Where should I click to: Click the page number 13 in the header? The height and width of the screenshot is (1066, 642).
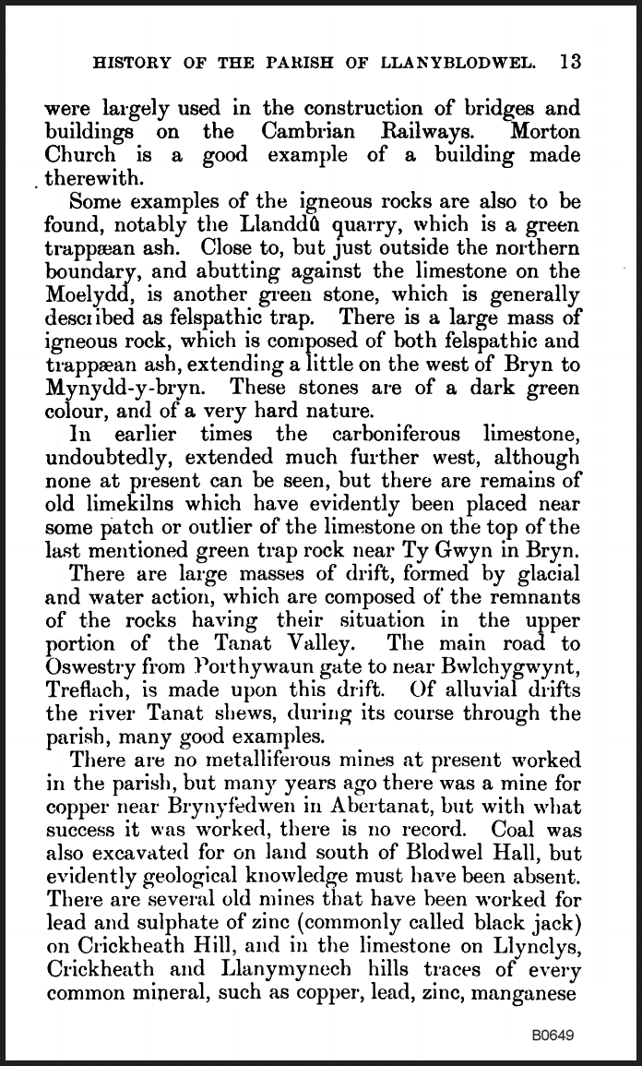point(569,63)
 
